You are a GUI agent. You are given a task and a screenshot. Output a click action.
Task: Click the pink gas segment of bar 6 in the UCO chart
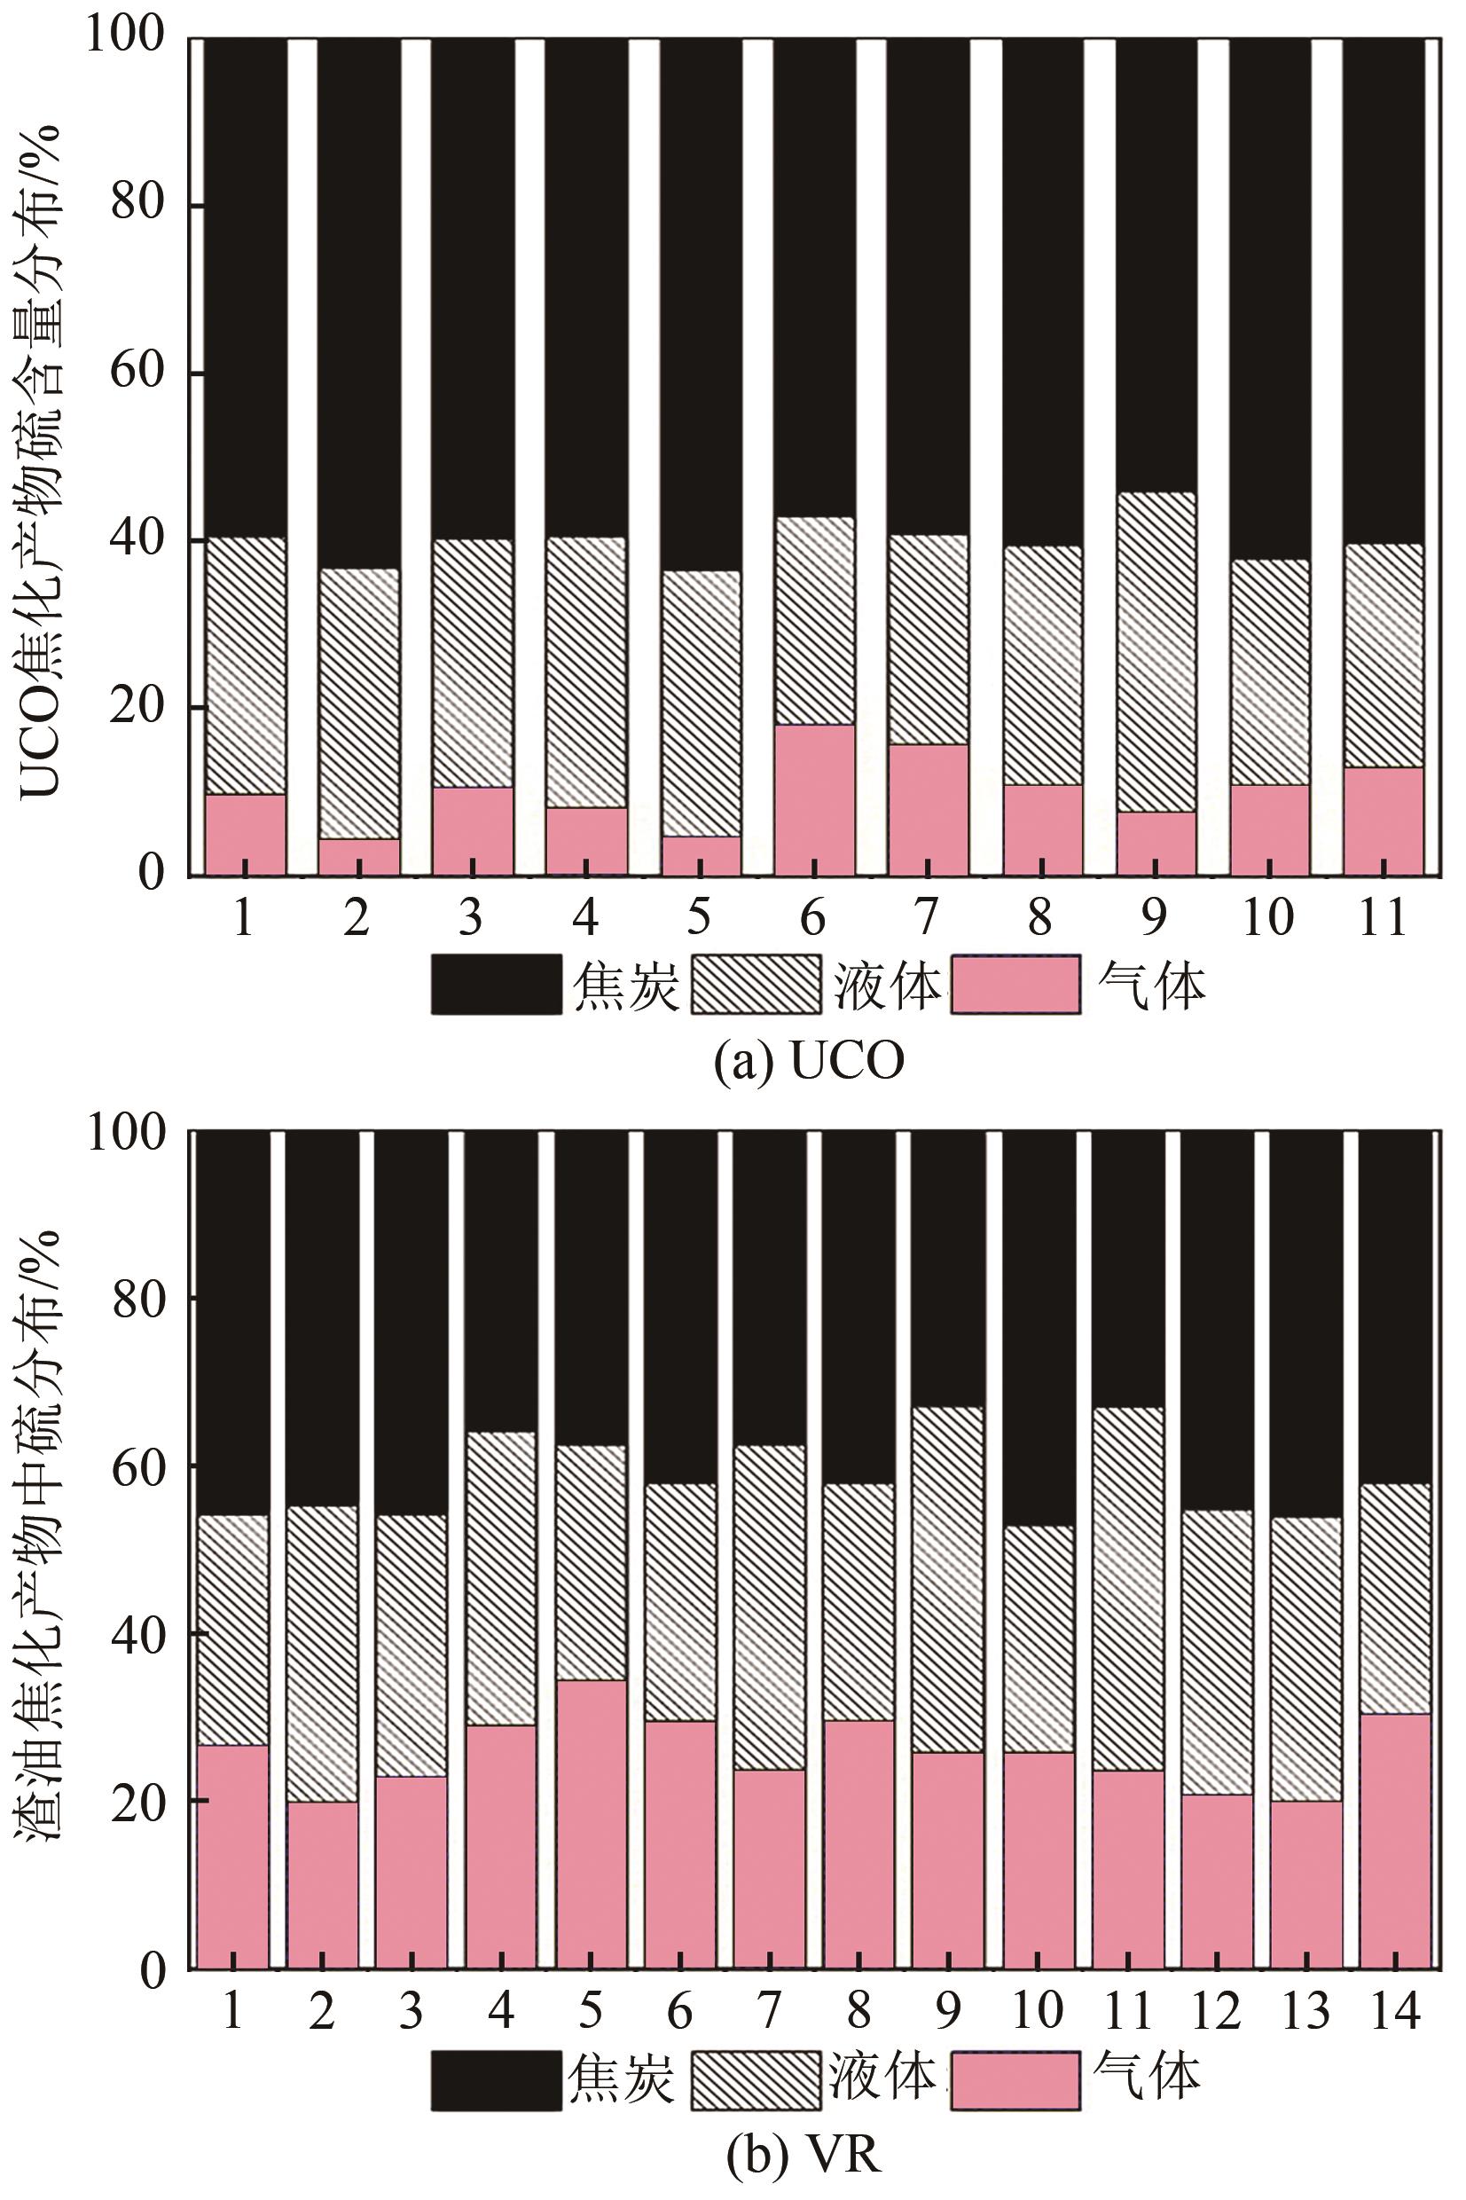coord(814,799)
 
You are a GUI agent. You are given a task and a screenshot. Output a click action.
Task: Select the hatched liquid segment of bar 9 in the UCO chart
coord(1156,652)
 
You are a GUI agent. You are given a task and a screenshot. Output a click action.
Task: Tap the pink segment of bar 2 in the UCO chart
coord(359,856)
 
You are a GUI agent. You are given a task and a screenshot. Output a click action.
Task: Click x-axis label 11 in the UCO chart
coord(1382,918)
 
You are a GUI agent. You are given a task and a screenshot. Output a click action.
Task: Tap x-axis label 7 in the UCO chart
coord(927,918)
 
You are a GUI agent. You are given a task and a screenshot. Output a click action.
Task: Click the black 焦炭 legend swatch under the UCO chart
coord(497,985)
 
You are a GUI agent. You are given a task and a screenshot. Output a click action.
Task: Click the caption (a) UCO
coord(809,1062)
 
